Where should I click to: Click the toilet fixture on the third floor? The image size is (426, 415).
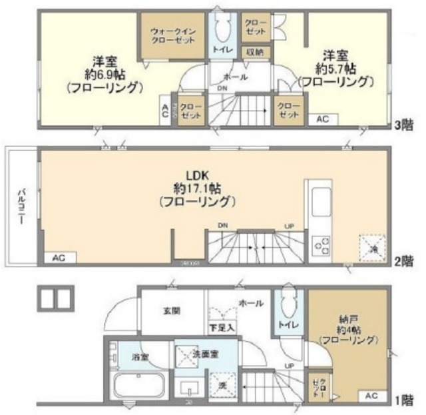pos(222,28)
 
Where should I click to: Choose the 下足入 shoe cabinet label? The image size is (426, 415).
pos(221,327)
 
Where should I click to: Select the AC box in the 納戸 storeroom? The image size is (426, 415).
pos(371,396)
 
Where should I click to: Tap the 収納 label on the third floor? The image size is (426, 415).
pos(255,52)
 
